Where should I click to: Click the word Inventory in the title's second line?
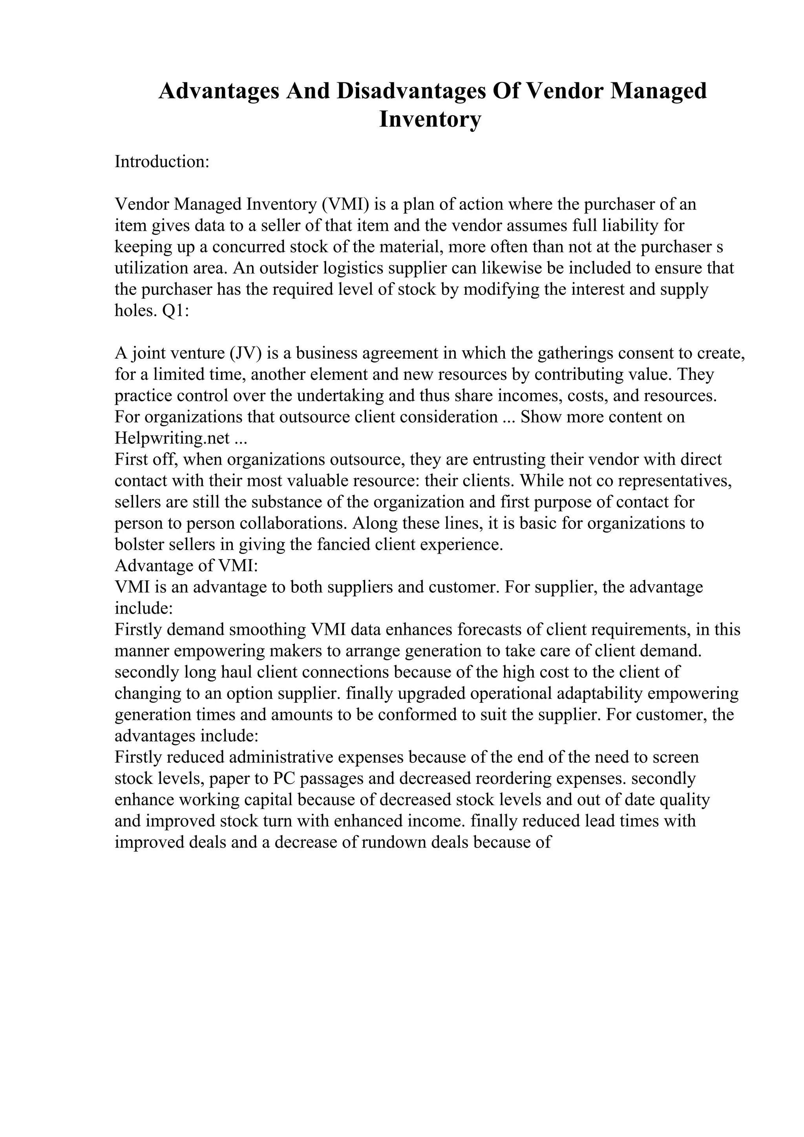click(x=430, y=119)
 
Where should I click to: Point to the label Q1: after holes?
click(x=176, y=311)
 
